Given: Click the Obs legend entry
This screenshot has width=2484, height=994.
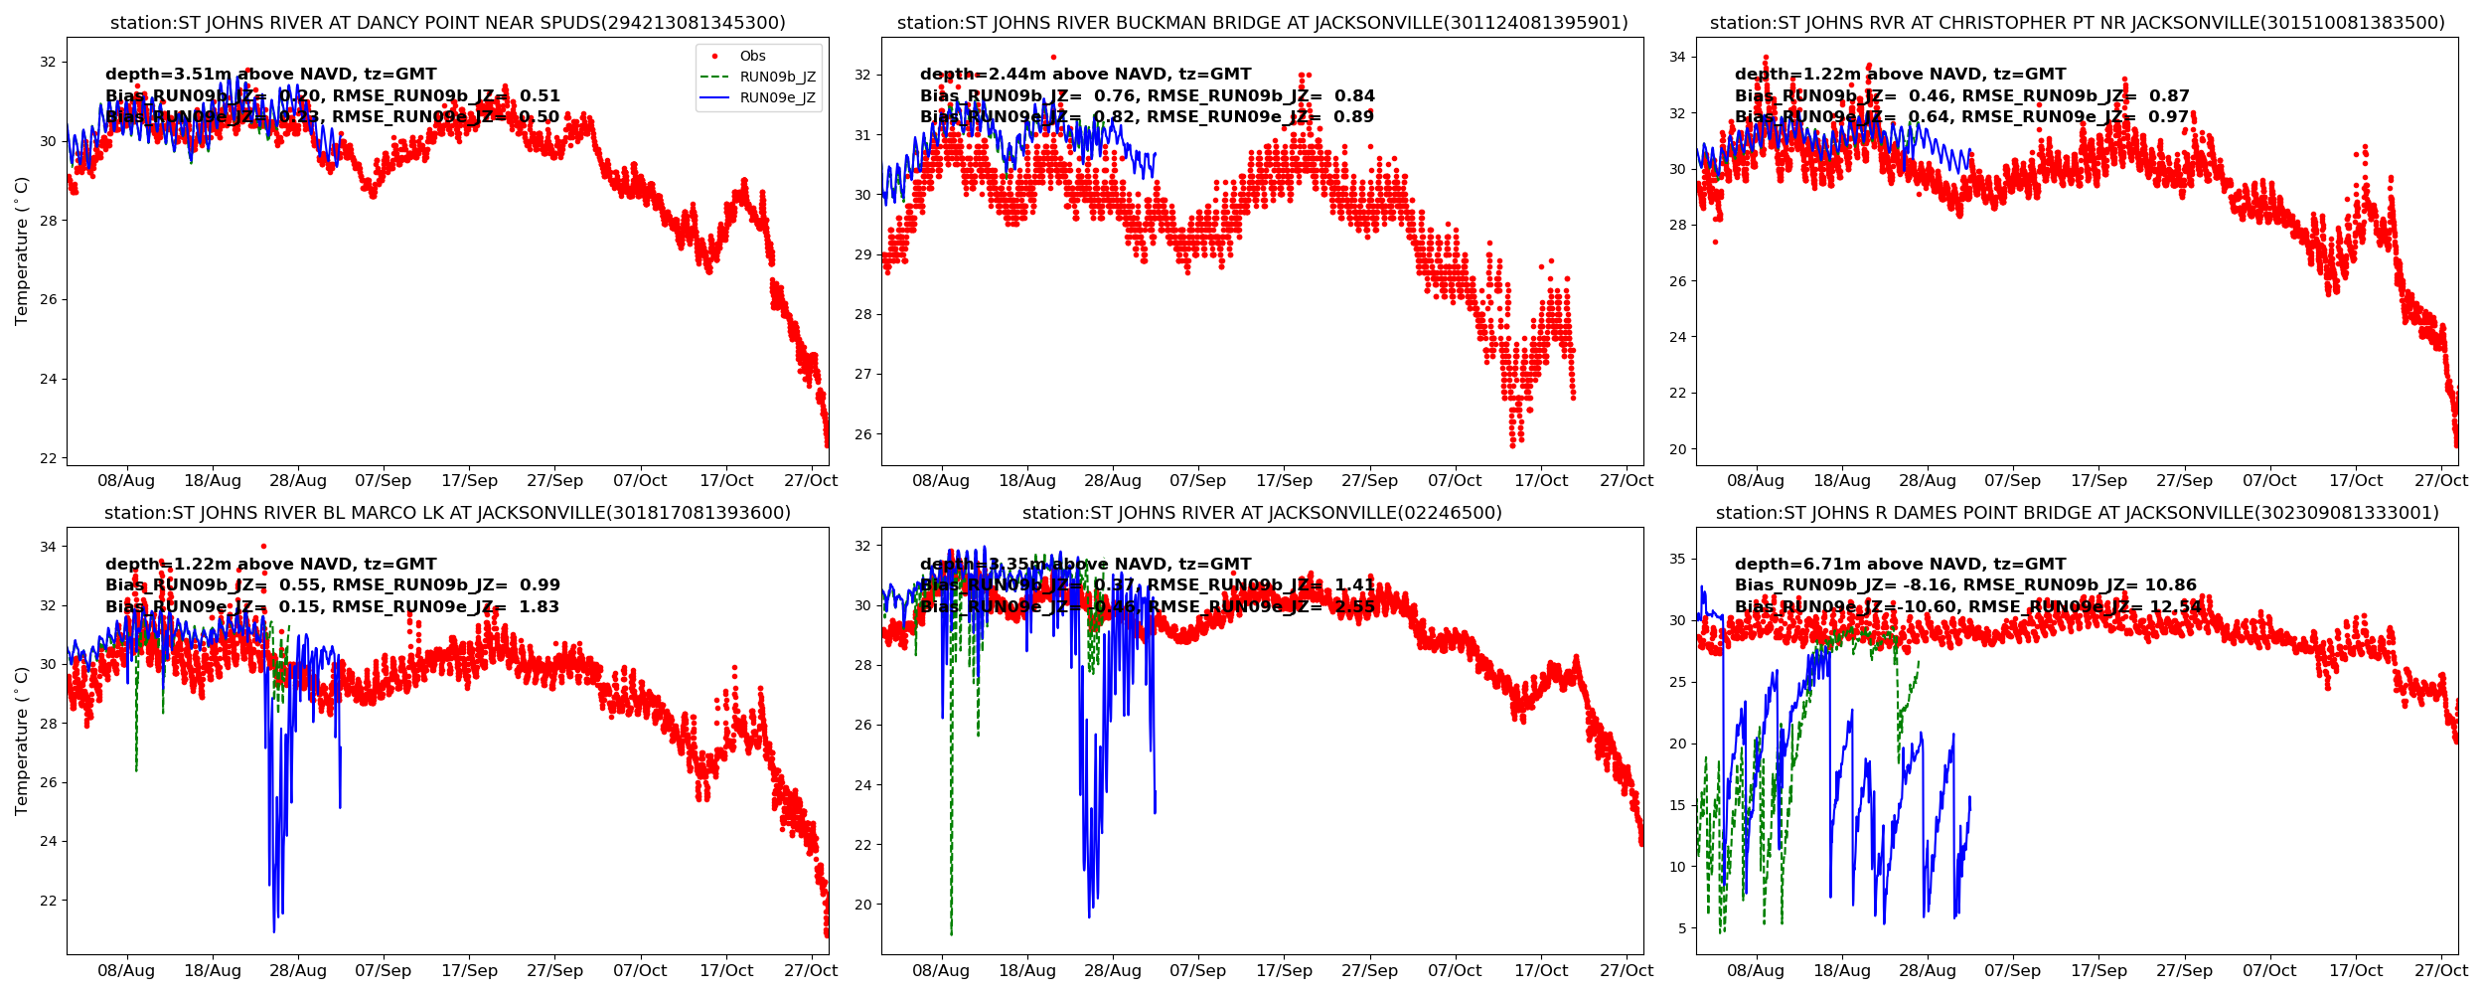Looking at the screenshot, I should point(752,56).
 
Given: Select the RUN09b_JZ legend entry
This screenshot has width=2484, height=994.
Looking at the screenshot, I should point(777,77).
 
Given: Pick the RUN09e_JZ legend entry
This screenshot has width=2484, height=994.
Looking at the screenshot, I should point(777,97).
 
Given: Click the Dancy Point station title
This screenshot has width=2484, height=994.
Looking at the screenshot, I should point(447,23).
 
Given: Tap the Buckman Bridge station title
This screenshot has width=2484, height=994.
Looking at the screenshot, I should point(1262,23).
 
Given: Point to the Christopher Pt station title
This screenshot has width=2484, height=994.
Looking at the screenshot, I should point(2077,23).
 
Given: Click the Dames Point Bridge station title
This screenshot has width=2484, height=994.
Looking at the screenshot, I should point(2077,513).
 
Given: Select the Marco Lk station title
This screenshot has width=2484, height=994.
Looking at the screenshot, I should point(447,513).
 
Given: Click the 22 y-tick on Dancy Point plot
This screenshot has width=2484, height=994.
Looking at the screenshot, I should point(48,458).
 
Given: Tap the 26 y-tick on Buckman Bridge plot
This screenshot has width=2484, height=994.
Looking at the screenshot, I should point(862,434).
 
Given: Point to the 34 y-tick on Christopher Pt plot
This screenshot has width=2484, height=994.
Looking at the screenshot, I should point(1677,57).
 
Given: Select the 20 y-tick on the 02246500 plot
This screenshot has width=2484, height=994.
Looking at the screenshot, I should point(862,905).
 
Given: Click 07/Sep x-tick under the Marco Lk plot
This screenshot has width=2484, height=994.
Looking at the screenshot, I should point(383,970).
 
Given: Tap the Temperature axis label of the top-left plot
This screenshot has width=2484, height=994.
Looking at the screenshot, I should point(22,250).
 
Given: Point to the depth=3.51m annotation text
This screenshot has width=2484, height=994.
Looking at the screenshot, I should point(270,75).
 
